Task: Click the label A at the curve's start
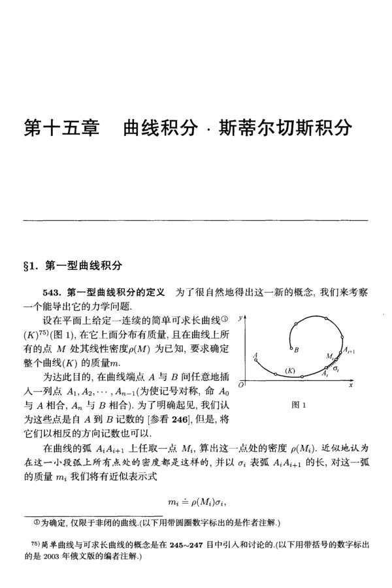[255, 353]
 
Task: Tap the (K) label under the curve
[291, 371]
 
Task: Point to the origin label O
[241, 386]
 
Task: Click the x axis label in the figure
[350, 386]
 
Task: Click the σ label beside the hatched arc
[336, 370]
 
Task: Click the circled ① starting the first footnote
[37, 522]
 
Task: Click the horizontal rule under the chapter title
[196, 220]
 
